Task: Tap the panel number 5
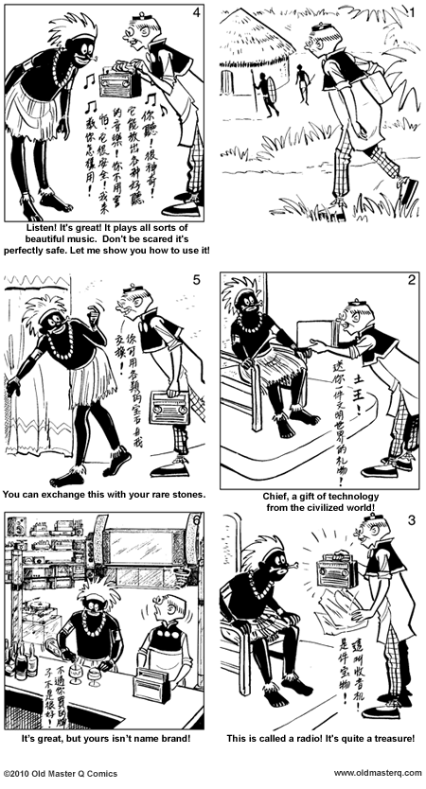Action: pyautogui.click(x=195, y=280)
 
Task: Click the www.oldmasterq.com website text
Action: pyautogui.click(x=379, y=773)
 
